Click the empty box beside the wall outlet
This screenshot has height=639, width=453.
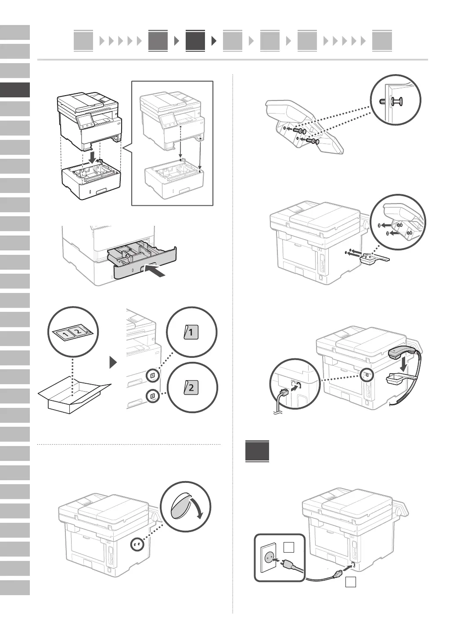289,547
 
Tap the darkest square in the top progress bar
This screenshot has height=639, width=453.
195,41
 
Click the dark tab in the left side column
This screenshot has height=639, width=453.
15,90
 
